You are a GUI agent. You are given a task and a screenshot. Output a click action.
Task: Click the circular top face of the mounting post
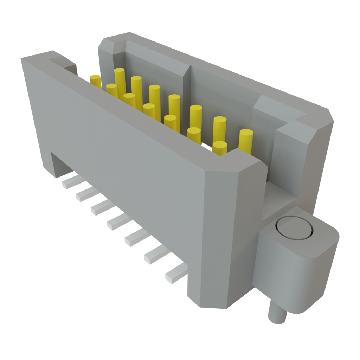coord(294,229)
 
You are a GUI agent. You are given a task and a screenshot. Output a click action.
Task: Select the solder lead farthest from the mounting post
coord(71,182)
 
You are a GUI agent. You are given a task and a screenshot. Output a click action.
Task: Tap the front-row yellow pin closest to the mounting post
coord(220,148)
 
